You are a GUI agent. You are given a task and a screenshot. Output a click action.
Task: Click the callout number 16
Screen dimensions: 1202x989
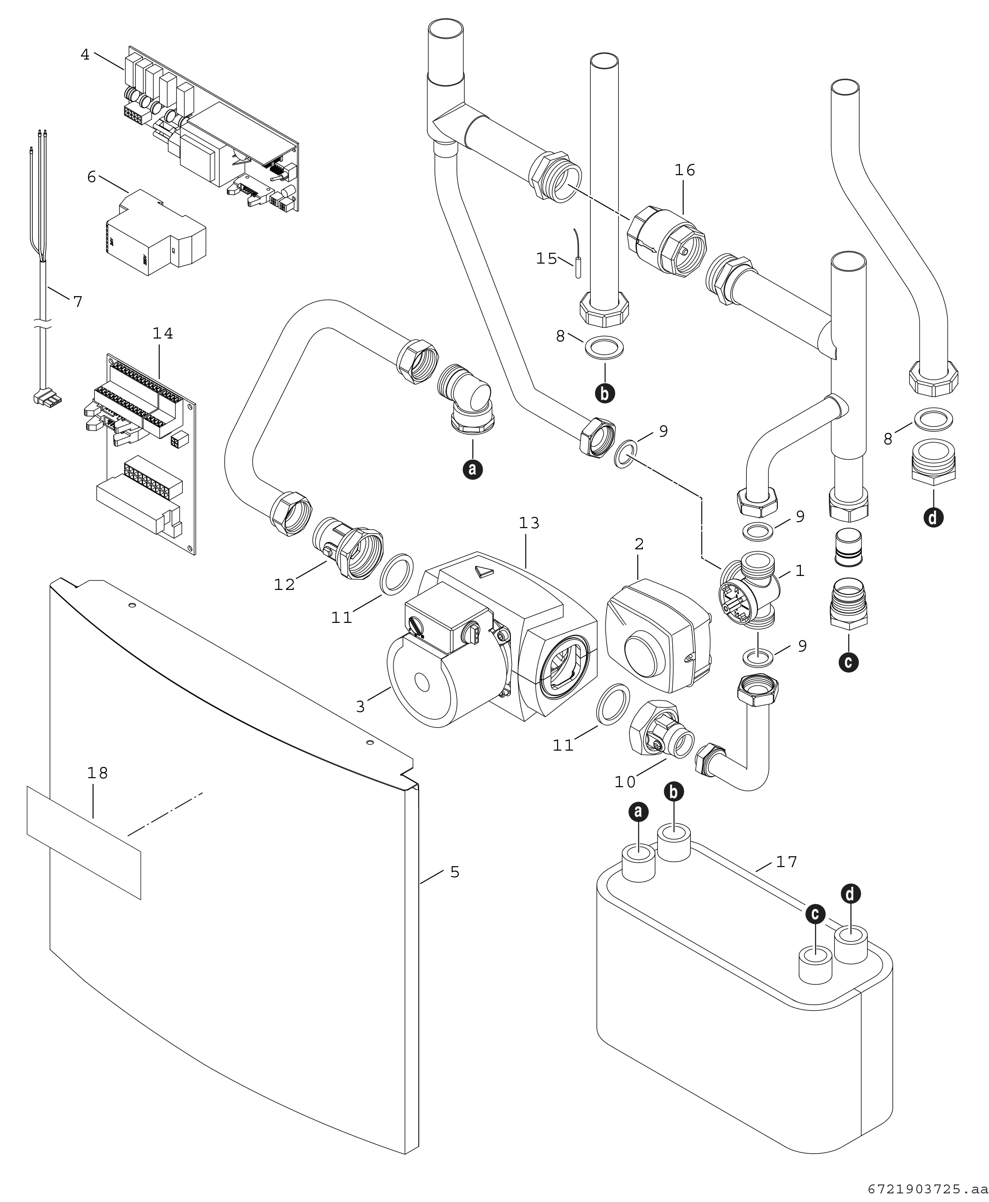[x=685, y=170]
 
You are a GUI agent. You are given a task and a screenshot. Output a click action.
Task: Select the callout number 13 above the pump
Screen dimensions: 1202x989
[x=529, y=523]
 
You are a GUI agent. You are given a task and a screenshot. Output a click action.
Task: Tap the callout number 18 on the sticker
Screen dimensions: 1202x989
[x=97, y=773]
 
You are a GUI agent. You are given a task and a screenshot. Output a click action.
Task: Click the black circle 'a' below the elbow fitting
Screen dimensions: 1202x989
[x=473, y=469]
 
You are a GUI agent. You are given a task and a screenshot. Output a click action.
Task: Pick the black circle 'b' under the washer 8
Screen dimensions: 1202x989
[x=605, y=393]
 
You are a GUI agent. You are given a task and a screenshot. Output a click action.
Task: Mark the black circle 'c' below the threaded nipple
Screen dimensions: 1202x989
[x=848, y=662]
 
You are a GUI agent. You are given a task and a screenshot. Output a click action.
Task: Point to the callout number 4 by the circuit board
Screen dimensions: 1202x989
[x=85, y=55]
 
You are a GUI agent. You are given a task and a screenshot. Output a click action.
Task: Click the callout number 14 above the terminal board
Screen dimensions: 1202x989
[x=162, y=334]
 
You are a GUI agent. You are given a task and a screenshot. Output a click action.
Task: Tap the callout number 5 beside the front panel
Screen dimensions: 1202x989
[x=455, y=872]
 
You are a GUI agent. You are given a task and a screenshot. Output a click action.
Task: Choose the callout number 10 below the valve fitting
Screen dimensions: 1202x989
[x=624, y=782]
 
